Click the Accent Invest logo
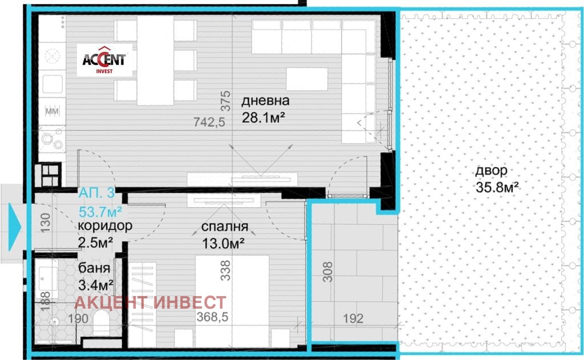point(105,60)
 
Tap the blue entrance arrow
point(15,227)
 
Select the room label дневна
point(265,100)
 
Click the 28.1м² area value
point(263,118)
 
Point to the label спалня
point(225,226)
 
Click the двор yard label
point(491,171)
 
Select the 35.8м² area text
point(497,187)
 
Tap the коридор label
point(105,226)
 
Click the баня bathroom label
point(94,268)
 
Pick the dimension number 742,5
point(209,122)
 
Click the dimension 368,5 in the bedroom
point(212,317)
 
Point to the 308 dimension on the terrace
point(327,272)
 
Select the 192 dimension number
point(353,318)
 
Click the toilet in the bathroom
point(101,323)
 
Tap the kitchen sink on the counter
point(52,84)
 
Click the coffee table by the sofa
point(307,79)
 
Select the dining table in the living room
point(155,60)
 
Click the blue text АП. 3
point(96,193)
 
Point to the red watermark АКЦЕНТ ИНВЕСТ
point(151,302)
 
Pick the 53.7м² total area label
point(100,212)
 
